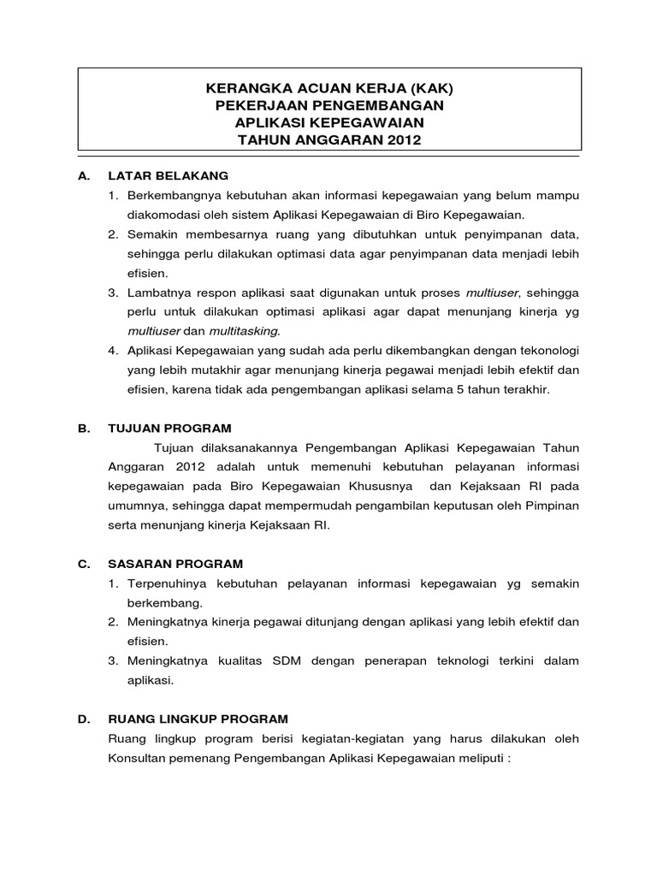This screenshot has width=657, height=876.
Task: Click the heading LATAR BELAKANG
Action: coord(168,175)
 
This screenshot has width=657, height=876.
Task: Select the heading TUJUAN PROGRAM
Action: coord(169,428)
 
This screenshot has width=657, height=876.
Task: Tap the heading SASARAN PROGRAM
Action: coord(175,564)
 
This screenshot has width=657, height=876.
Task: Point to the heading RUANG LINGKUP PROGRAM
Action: coord(198,719)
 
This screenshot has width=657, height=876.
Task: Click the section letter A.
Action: coord(82,175)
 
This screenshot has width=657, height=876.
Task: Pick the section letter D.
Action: coord(82,719)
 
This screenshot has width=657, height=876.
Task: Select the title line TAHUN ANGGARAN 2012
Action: coord(329,139)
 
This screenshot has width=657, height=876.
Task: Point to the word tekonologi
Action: coord(546,351)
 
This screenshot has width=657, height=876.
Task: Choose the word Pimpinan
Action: coord(550,506)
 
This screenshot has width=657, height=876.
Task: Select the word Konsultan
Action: coord(137,759)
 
